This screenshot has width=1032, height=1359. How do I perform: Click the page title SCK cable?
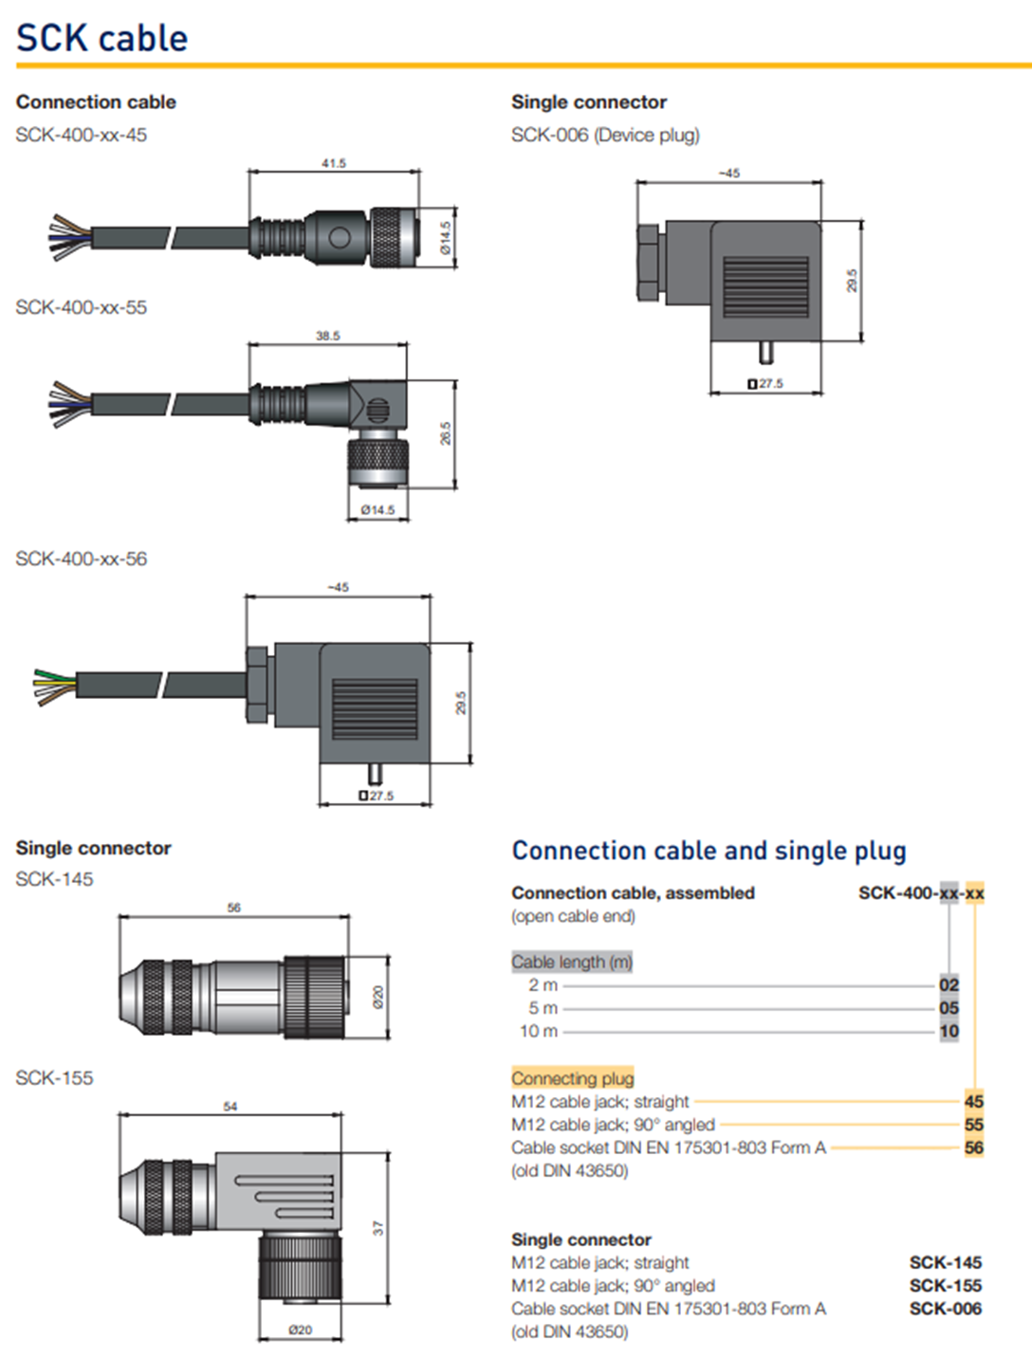tap(101, 38)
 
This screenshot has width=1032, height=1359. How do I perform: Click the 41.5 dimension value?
tap(334, 163)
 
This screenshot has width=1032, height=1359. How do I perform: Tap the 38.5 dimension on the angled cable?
tap(328, 336)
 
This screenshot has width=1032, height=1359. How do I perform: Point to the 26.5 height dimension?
tap(446, 433)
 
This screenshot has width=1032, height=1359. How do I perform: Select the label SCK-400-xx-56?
tap(82, 559)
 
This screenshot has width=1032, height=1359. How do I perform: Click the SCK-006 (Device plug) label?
tap(605, 135)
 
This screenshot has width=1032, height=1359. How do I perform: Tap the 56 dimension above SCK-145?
tap(234, 908)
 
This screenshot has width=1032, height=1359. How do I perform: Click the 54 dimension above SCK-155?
tap(230, 1106)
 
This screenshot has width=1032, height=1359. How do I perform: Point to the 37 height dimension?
tap(378, 1228)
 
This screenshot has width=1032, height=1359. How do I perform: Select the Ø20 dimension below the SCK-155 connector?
tap(301, 1330)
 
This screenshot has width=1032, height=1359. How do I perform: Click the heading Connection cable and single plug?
tap(709, 851)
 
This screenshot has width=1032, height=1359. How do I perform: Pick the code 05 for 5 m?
tap(949, 1008)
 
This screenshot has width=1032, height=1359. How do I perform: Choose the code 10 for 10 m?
tap(949, 1031)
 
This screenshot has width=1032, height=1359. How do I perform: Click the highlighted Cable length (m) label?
tap(572, 962)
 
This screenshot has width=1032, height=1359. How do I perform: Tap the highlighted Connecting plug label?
tap(573, 1078)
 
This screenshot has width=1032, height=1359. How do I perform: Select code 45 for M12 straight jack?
tap(974, 1101)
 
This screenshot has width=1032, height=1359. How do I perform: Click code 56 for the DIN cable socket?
tap(974, 1148)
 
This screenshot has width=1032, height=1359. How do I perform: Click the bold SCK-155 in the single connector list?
tap(945, 1286)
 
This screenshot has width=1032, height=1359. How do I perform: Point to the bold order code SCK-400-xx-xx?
tap(921, 892)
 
